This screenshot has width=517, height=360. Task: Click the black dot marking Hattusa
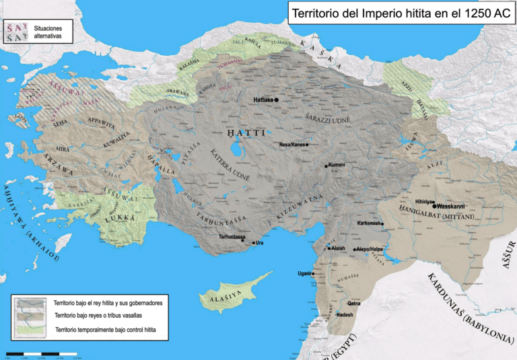click(276, 100)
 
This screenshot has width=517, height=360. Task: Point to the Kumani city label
click(337, 165)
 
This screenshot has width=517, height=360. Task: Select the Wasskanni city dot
click(434, 206)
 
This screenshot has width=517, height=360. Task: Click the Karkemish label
click(369, 223)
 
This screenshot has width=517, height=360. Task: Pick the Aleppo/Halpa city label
click(369, 249)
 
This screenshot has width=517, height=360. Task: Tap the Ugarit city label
click(304, 273)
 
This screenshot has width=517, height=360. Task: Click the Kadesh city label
click(345, 315)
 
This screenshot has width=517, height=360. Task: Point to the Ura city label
click(259, 242)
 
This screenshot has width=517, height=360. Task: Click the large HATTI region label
click(247, 133)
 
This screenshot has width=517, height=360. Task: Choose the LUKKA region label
click(123, 218)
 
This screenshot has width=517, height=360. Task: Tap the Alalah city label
click(339, 248)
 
